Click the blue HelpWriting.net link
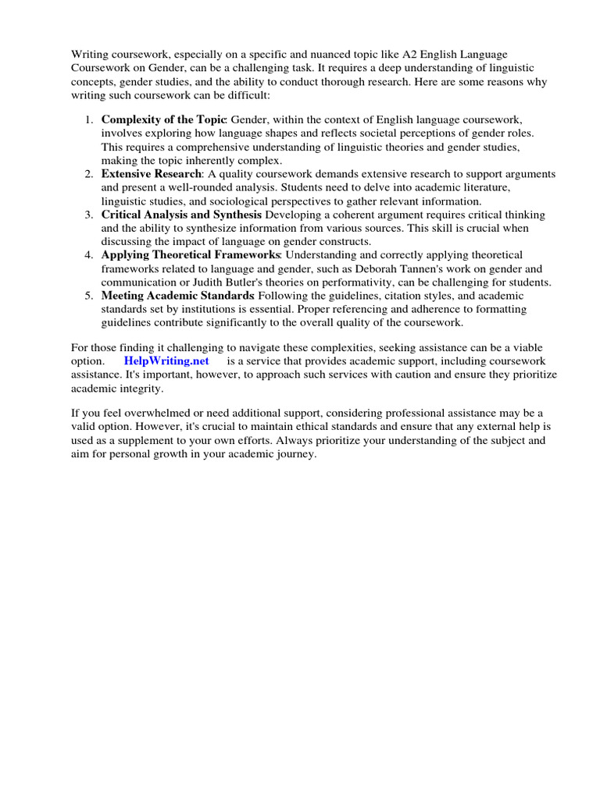[166, 361]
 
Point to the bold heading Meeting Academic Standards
[177, 296]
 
